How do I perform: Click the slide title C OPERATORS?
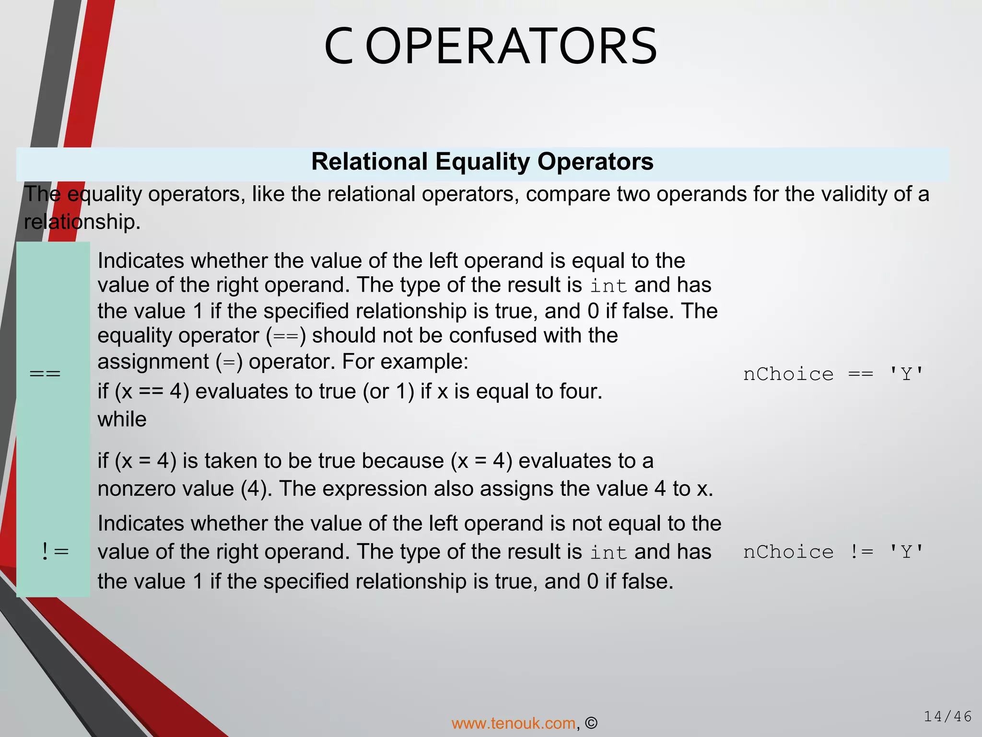tap(491, 47)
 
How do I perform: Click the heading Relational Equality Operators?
tap(482, 162)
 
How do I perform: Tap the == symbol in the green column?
tap(45, 374)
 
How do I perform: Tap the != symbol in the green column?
tap(55, 552)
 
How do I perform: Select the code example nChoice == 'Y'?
tap(833, 374)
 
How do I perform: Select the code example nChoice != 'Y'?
tap(833, 552)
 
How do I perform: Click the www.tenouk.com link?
tap(514, 723)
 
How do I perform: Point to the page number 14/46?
tap(947, 716)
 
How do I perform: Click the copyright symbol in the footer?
tap(591, 723)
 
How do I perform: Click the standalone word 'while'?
tap(122, 419)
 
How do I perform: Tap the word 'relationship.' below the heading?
tap(82, 222)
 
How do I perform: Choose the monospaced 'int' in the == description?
tap(608, 286)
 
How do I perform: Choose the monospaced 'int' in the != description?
tap(608, 552)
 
